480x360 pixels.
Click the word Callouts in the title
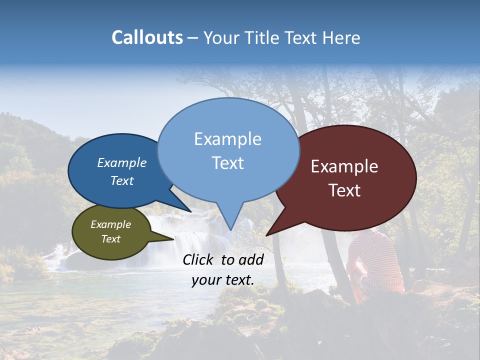point(147,37)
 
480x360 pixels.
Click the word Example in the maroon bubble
point(344,166)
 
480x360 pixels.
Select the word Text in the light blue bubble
point(227,163)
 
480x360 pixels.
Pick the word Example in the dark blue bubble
point(122,162)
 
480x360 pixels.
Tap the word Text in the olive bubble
point(110,239)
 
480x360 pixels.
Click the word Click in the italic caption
point(199,259)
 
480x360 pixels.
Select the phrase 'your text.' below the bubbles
point(223,280)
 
